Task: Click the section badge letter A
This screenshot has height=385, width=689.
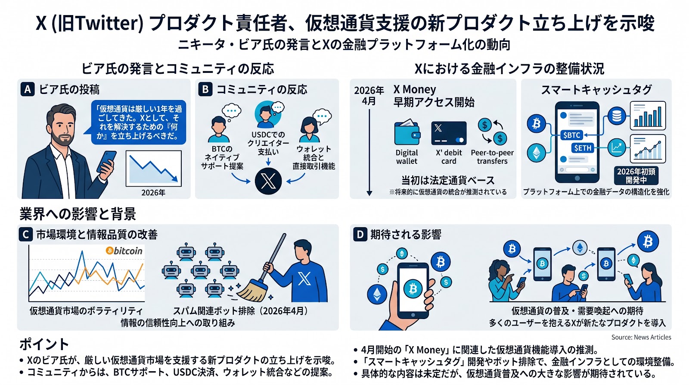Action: [x=28, y=89]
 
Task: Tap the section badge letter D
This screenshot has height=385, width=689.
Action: [x=360, y=235]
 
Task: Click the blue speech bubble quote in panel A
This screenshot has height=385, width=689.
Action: [x=139, y=122]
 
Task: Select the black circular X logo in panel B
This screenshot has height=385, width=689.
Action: [x=268, y=181]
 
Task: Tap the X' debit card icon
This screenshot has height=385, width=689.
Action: [x=449, y=134]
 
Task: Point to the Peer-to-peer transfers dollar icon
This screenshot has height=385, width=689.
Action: [x=492, y=131]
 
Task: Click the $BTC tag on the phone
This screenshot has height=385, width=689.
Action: [x=571, y=135]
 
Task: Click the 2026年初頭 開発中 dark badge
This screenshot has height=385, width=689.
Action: [x=636, y=175]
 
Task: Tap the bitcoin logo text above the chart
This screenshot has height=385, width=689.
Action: [x=124, y=250]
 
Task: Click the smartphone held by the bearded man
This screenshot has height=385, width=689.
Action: [x=107, y=161]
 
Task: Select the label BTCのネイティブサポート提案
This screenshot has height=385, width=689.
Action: [x=222, y=157]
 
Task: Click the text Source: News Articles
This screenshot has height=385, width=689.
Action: [x=641, y=337]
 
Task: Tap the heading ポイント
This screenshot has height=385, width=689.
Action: [x=44, y=344]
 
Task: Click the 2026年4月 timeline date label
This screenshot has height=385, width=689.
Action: [x=369, y=95]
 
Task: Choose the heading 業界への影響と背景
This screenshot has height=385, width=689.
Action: [x=78, y=214]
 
